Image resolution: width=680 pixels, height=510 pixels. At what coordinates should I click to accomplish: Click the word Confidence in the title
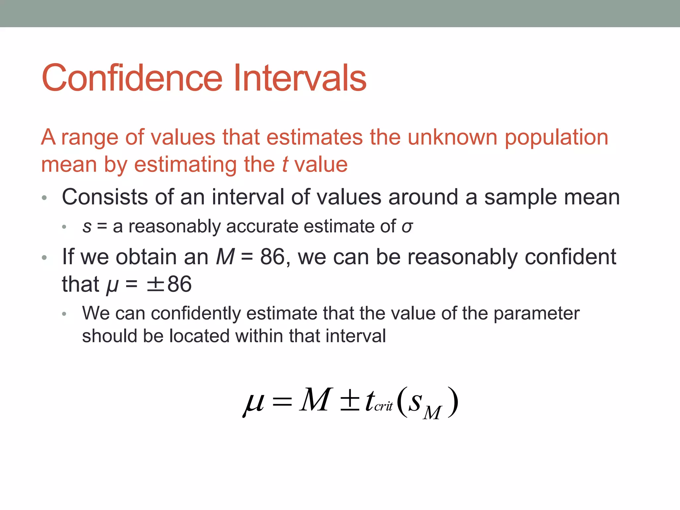(x=132, y=78)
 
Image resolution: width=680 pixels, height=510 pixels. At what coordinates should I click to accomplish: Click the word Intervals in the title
(x=300, y=78)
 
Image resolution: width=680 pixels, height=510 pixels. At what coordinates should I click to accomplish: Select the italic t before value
(x=285, y=165)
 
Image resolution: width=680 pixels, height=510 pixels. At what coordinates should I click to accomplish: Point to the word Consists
(x=105, y=197)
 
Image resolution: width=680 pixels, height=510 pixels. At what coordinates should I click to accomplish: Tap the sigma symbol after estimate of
(x=407, y=227)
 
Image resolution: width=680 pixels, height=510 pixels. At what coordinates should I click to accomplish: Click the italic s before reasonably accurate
(x=87, y=227)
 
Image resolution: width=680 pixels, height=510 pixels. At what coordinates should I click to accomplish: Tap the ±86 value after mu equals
(x=169, y=285)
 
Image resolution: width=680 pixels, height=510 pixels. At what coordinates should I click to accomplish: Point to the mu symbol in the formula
(x=254, y=402)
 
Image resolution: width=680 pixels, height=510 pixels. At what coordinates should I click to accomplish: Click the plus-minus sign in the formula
(x=350, y=400)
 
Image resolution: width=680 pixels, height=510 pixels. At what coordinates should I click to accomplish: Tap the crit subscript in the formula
(x=383, y=406)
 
